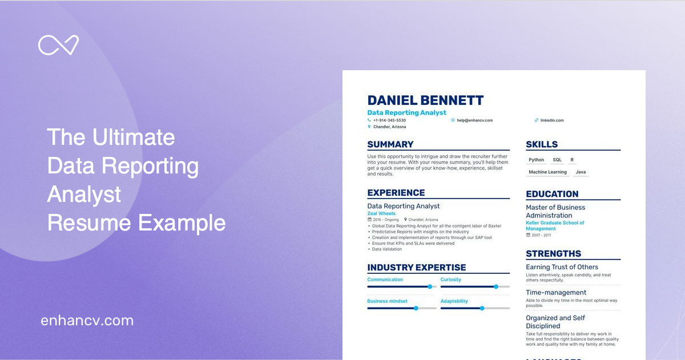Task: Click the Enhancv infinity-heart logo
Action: tap(58, 45)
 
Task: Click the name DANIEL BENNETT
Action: tap(425, 101)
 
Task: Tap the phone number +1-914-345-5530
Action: tap(389, 120)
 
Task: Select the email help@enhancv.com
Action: tap(474, 120)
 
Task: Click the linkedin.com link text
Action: tap(551, 120)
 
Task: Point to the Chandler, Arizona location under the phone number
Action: tap(389, 127)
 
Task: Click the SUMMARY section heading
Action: tap(390, 144)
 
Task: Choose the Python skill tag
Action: tap(536, 160)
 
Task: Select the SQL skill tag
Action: tap(557, 160)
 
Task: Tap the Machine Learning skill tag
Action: tap(547, 172)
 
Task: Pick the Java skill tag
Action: tap(581, 172)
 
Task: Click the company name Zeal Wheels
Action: tap(381, 213)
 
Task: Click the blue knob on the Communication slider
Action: tap(430, 286)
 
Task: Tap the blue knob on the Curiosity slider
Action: tap(496, 286)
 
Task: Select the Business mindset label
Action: tap(387, 301)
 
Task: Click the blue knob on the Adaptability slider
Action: tap(482, 308)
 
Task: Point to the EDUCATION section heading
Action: tap(552, 194)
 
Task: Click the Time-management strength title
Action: tap(556, 293)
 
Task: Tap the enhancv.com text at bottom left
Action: tap(87, 321)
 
